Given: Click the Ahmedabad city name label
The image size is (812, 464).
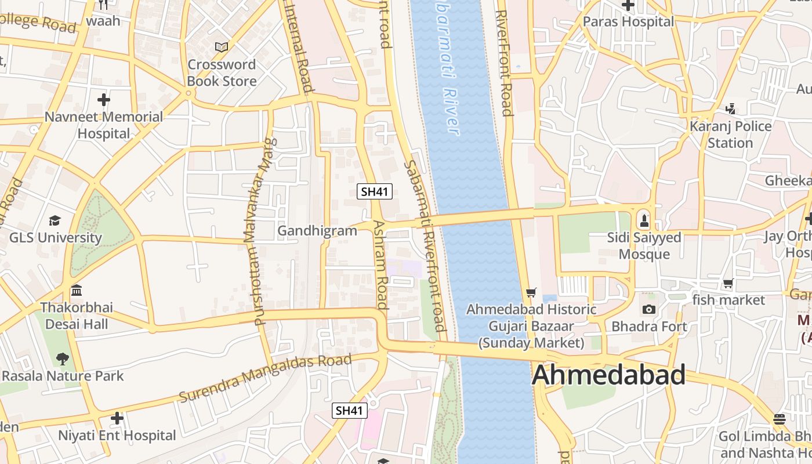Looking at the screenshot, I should tap(608, 375).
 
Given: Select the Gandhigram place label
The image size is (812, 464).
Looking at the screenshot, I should tap(317, 231).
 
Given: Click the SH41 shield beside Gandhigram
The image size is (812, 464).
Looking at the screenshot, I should tap(374, 191).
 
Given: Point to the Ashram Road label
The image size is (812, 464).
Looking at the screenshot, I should tap(380, 264).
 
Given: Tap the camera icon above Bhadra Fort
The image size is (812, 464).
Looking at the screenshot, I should tap(649, 309).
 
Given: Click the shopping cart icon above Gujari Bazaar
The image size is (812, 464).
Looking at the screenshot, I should tap(531, 293).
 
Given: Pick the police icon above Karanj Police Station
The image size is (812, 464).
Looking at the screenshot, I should tap(730, 108).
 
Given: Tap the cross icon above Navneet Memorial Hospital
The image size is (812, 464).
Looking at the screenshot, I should tap(104, 100).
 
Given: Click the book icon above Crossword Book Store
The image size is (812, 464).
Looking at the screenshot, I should tap(221, 47).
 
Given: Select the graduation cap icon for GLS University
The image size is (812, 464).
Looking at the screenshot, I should tap(55, 220).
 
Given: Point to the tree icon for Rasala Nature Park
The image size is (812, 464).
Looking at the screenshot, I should tap(62, 358).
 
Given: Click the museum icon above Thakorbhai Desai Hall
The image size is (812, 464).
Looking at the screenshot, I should tap(76, 290).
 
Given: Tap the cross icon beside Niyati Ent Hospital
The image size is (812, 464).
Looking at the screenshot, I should tap(117, 418).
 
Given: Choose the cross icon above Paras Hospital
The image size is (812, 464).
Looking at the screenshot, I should tap(628, 5).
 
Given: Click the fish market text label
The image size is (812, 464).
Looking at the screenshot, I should tap(728, 300).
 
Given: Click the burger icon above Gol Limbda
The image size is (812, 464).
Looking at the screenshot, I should tap(780, 419).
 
